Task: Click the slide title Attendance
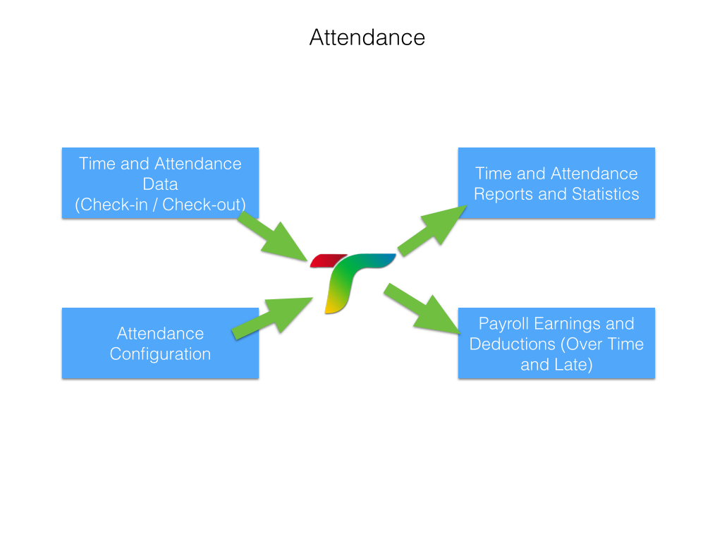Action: click(367, 37)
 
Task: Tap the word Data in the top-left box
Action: click(160, 184)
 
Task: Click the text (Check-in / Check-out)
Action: click(160, 205)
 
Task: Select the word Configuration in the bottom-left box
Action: click(160, 354)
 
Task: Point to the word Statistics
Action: click(605, 194)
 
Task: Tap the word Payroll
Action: click(503, 324)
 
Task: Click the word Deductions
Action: click(513, 344)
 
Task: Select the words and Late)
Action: click(556, 365)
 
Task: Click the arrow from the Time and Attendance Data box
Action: click(273, 236)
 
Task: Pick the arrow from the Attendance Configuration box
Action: click(272, 318)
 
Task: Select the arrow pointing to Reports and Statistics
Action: click(432, 231)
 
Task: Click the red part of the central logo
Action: click(328, 260)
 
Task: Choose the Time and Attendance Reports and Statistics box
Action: click(556, 183)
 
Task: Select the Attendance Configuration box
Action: click(160, 344)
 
